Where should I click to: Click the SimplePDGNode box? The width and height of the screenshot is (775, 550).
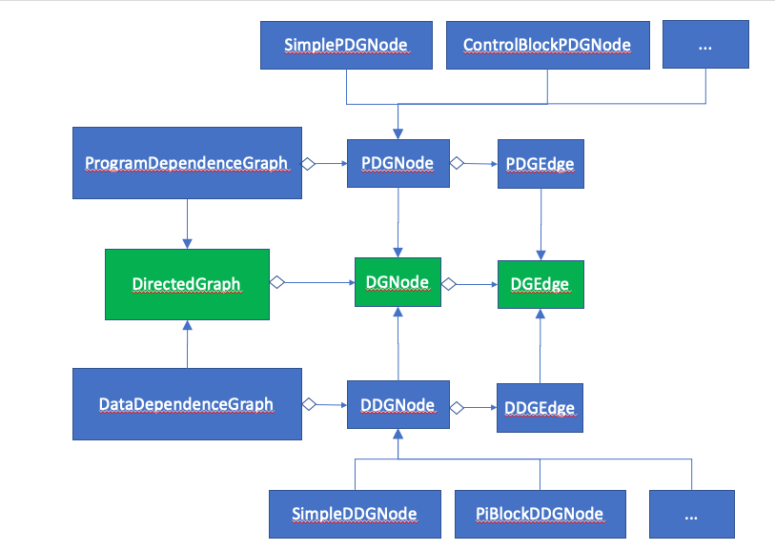346,45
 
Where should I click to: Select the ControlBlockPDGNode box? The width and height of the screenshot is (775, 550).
546,45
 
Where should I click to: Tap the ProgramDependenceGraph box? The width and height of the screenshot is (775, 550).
187,163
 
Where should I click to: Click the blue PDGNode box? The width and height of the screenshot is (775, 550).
398,163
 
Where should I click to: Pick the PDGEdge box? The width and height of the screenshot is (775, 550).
540,164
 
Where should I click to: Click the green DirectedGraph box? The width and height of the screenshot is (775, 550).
187,284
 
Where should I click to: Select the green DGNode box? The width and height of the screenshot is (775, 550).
398,282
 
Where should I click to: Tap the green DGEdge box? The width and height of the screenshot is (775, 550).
540,283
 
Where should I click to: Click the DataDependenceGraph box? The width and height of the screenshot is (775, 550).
187,404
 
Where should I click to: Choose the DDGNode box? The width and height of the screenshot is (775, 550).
398,405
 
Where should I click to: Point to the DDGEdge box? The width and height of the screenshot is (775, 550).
540,408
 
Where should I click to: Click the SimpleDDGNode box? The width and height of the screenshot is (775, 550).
355,514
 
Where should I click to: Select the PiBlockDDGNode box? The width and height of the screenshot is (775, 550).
540,514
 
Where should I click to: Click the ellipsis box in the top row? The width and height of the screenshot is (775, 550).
705,45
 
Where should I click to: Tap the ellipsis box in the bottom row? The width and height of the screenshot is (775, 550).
691,514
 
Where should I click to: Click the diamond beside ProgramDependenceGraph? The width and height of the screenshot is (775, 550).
309,163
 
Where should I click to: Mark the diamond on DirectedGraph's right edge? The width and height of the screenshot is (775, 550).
276,282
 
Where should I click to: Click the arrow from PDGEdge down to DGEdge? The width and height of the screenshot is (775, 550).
541,224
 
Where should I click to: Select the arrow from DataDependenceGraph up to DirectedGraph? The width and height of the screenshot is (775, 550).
187,344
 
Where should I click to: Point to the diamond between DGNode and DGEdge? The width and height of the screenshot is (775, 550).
448,283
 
